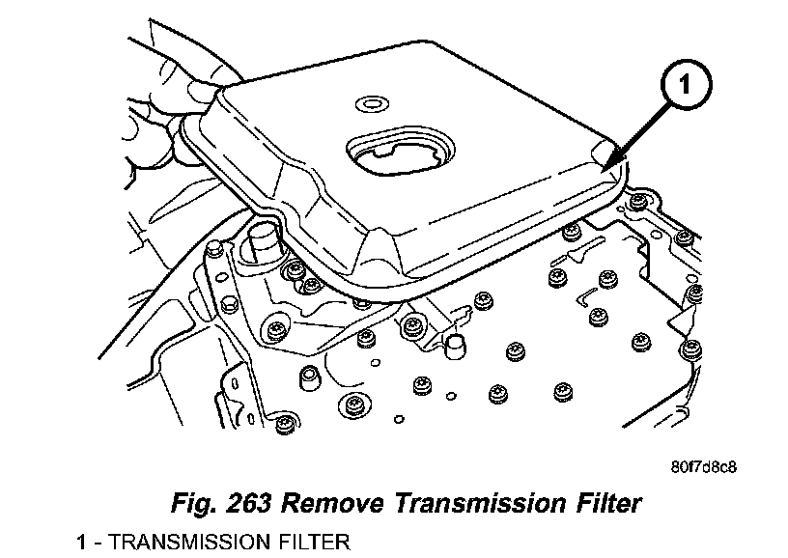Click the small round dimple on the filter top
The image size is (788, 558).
pos(369,102)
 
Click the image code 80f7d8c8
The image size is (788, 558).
pos(704,469)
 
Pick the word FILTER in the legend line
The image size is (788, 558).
pos(314,543)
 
